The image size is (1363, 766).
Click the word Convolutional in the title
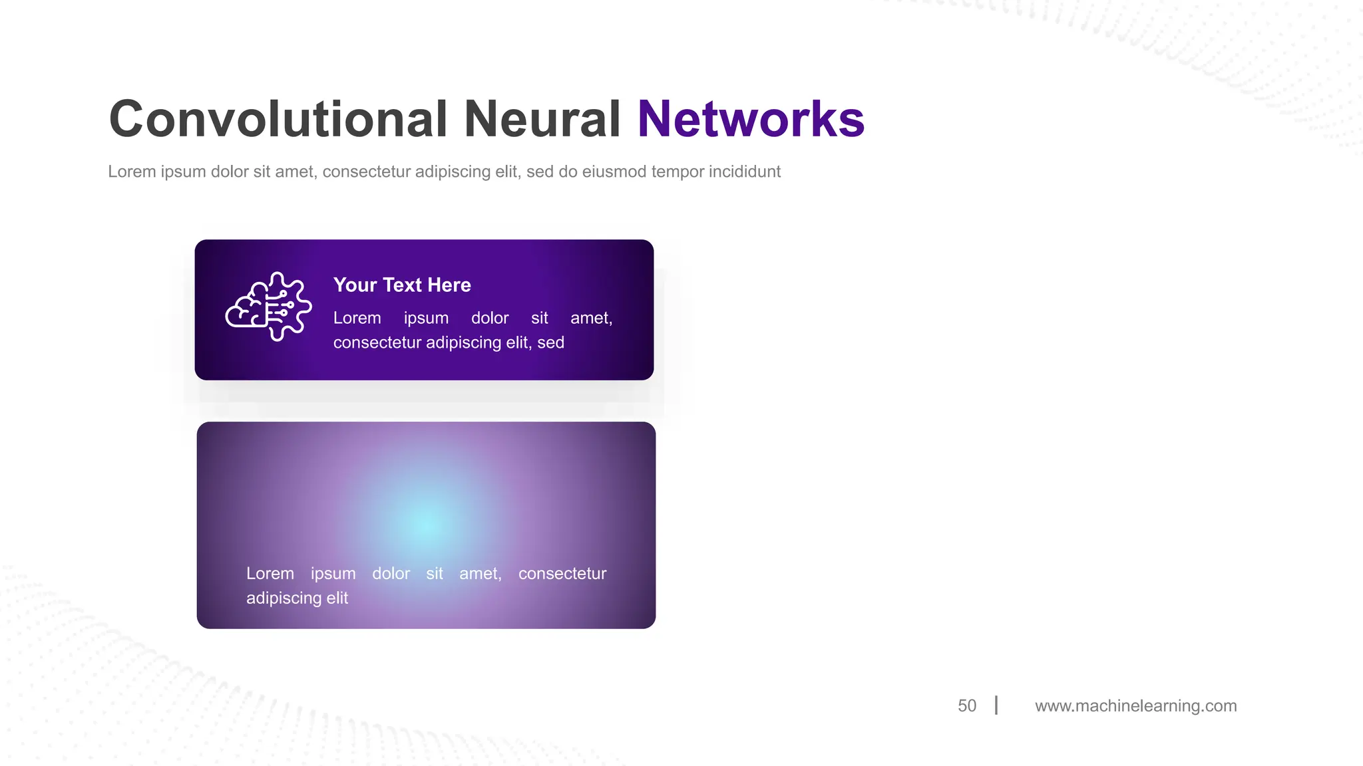pyautogui.click(x=278, y=120)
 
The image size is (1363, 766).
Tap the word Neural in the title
pyautogui.click(x=542, y=120)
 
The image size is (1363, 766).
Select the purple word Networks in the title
pyautogui.click(x=751, y=120)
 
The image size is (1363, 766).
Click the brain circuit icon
pyautogui.click(x=269, y=307)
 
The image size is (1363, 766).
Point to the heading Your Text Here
pyautogui.click(x=402, y=285)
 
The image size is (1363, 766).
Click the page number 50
pyautogui.click(x=966, y=705)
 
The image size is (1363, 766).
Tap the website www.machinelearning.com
pyautogui.click(x=1135, y=705)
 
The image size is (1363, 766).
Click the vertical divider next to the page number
pyautogui.click(x=996, y=705)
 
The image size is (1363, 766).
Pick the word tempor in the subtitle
pyautogui.click(x=677, y=172)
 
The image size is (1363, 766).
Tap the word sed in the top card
pyautogui.click(x=550, y=342)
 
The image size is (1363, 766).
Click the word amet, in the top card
pyautogui.click(x=591, y=318)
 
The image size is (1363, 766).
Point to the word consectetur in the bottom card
pyautogui.click(x=562, y=573)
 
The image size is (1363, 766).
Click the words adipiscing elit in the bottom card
pyautogui.click(x=297, y=598)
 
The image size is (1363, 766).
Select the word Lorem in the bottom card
pyautogui.click(x=270, y=573)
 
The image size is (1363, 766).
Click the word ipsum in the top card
pyautogui.click(x=426, y=318)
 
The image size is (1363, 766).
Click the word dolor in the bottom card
pyautogui.click(x=391, y=573)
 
